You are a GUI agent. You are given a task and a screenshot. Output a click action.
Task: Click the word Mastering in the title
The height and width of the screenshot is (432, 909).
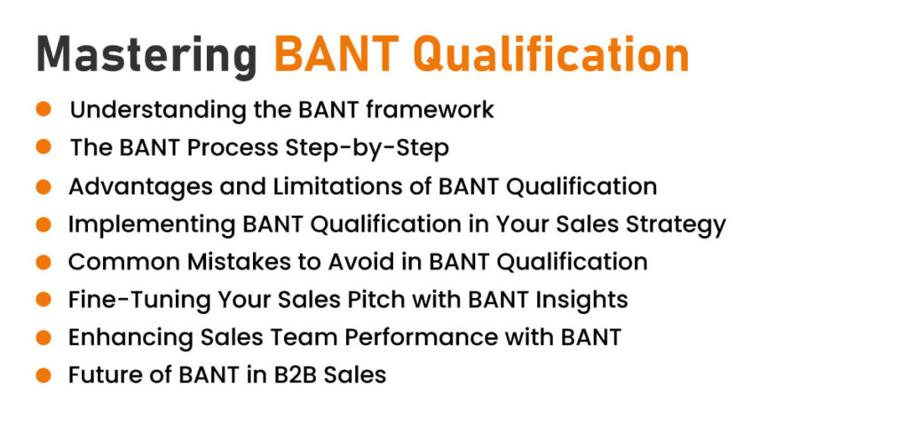(146, 56)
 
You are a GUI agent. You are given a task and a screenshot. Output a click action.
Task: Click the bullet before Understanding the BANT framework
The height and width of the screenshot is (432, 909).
(43, 109)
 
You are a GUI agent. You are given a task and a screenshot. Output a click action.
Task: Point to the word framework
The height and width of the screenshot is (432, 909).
(430, 109)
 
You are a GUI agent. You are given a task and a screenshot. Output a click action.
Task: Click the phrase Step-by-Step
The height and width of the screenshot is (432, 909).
(367, 149)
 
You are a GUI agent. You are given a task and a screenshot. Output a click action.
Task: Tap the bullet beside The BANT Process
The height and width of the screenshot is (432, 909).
(43, 146)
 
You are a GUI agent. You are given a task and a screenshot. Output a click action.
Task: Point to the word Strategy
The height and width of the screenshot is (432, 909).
(676, 225)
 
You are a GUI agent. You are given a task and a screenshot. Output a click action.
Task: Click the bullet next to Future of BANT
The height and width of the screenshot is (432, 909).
(43, 374)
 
